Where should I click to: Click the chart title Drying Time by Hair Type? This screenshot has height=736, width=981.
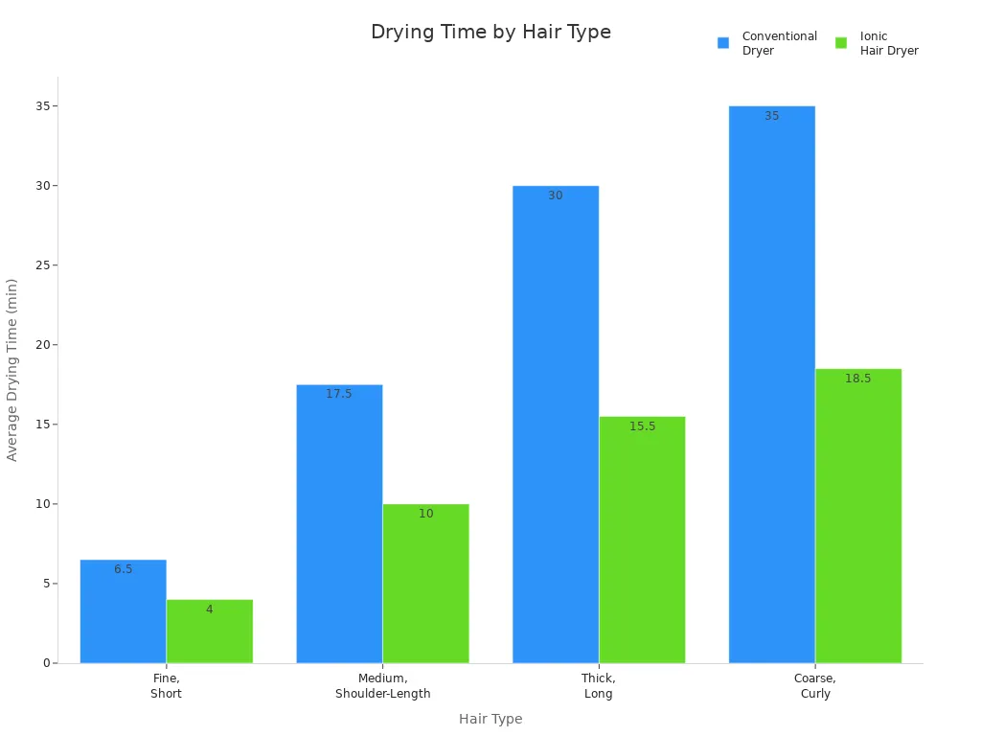pos(490,33)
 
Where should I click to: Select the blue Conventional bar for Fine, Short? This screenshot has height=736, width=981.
pos(123,613)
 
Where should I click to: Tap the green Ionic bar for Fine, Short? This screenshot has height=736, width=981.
pos(209,632)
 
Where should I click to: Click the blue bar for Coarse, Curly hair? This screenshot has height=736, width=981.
pos(771,383)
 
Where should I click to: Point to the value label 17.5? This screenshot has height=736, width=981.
pos(339,394)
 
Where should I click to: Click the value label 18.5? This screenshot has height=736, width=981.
pos(857,379)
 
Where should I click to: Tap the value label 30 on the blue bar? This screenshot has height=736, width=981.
pos(556,195)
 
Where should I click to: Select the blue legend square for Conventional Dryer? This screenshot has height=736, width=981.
pos(723,43)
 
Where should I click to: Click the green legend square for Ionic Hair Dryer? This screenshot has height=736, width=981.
pos(841,43)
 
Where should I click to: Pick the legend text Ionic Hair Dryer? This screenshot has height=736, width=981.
pos(888,43)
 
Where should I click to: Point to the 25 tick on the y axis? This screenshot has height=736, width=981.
pos(42,265)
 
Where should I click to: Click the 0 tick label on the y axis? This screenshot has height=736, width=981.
pos(46,663)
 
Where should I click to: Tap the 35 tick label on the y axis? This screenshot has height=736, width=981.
pos(42,106)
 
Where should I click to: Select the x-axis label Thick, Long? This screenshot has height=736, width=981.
pos(599,685)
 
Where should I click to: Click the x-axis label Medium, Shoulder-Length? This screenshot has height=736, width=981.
pos(382,685)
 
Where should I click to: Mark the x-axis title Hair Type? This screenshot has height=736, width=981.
pos(490,719)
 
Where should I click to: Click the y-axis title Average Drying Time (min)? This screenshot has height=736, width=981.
pos(12,369)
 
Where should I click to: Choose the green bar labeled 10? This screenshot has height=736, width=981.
pos(425,585)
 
